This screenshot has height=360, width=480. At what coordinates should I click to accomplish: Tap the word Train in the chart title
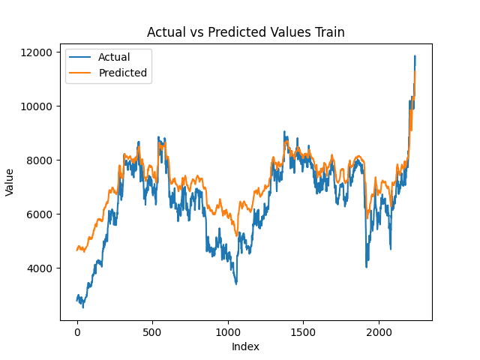329,32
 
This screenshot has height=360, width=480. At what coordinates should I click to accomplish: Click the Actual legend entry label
113,58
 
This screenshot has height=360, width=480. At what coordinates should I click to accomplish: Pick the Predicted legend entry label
123,73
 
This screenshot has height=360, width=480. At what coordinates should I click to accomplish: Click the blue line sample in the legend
81,58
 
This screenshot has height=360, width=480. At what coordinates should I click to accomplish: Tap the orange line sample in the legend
81,73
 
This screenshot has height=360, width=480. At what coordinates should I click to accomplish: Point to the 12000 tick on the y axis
37,52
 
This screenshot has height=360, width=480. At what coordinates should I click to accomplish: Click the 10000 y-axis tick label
37,106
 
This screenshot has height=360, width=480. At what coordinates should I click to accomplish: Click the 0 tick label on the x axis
77,332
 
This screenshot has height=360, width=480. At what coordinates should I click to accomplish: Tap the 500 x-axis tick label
152,332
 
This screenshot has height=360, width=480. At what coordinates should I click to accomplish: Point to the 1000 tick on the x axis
228,332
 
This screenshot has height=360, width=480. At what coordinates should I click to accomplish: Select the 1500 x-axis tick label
303,332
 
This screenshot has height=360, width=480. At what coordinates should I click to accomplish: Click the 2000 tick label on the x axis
379,332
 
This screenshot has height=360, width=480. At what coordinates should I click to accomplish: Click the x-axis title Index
245,346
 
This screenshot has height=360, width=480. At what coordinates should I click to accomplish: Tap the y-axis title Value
10,181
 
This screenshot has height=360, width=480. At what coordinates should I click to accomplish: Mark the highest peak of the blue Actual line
414,55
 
